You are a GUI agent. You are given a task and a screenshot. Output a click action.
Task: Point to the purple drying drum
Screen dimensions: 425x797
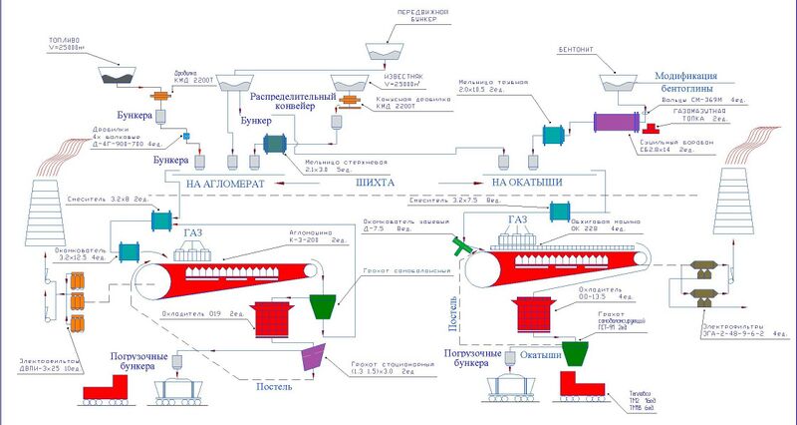[622, 121]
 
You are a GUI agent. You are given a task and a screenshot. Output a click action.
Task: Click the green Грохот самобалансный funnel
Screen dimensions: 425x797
[325, 304]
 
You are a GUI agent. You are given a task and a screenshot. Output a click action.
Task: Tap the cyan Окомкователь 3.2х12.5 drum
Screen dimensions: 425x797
[128, 253]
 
